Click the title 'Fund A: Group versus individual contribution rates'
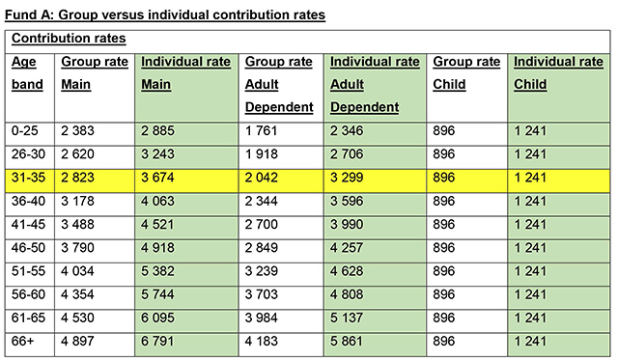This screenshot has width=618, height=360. [x=164, y=14]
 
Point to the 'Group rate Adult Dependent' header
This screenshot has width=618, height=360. [x=279, y=83]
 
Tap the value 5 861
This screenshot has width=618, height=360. [x=351, y=343]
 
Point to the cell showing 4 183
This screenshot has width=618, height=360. [x=266, y=343]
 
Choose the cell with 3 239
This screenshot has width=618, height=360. [x=266, y=271]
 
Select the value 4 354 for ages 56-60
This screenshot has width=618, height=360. [x=80, y=295]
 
